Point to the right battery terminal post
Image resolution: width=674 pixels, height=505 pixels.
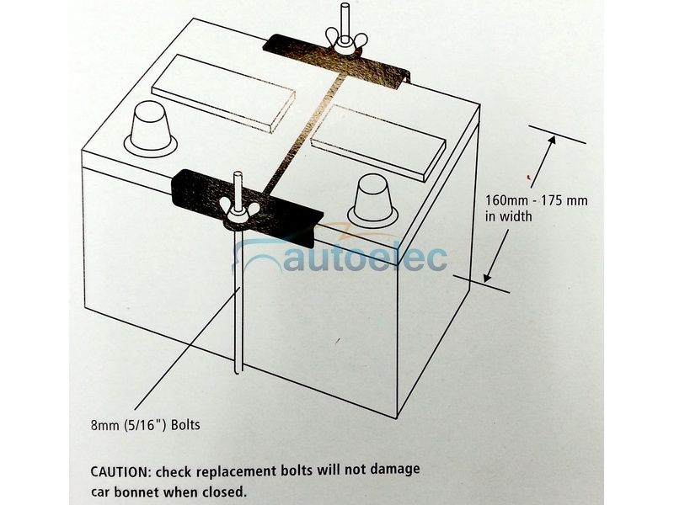[373, 199]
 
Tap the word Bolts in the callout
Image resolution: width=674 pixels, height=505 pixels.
[185, 424]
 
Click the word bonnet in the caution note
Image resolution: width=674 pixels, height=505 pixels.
[152, 489]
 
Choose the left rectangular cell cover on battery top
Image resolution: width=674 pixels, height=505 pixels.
[217, 92]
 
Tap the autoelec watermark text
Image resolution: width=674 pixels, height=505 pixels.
[362, 257]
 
